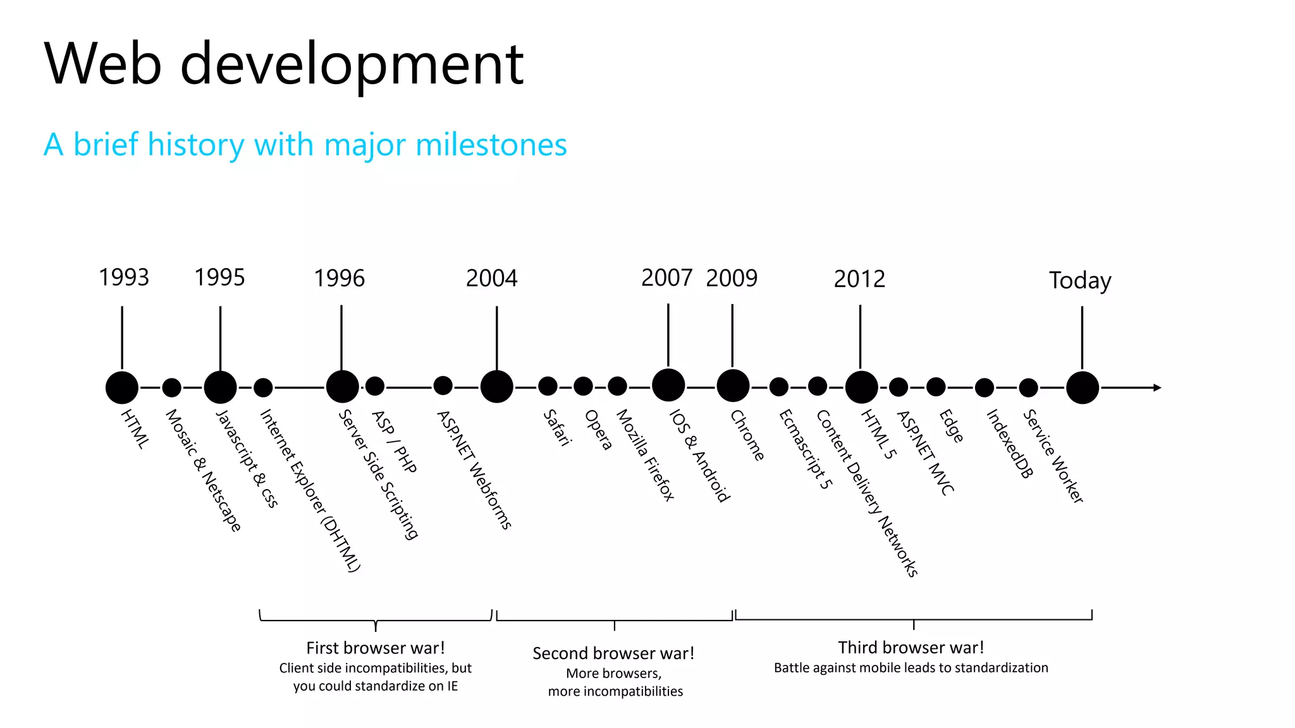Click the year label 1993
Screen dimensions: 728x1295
point(124,277)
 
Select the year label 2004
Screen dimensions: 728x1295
point(491,278)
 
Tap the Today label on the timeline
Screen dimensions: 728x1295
point(1080,280)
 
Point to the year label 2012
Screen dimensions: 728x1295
point(859,279)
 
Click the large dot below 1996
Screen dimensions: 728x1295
point(342,387)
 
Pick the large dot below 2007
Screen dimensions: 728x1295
point(668,385)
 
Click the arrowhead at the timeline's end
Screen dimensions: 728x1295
point(1157,387)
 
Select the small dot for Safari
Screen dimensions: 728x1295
point(548,386)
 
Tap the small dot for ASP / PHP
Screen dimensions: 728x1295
point(375,385)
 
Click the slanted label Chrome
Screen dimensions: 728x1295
point(747,435)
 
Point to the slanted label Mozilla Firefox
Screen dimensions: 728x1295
point(646,455)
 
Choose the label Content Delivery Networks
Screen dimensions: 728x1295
point(867,494)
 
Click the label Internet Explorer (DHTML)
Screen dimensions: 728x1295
point(310,490)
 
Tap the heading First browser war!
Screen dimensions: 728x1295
point(376,648)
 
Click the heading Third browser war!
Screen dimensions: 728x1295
point(911,647)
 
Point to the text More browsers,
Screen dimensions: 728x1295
point(613,673)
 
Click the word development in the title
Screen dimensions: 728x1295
point(352,64)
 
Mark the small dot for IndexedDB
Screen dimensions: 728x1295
point(984,387)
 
